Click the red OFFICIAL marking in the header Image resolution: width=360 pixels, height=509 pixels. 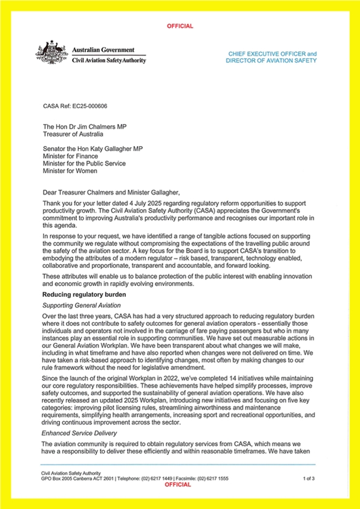point(180,26)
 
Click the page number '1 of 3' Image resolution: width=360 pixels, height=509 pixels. point(311,478)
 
